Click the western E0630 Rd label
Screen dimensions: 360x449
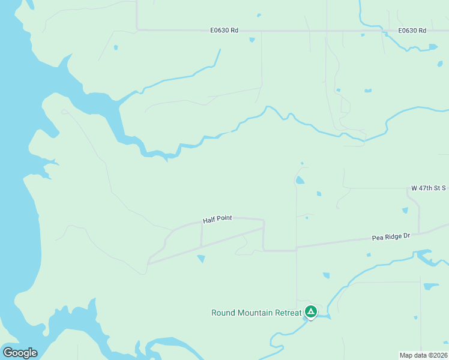224,30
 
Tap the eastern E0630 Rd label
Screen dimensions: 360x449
412,30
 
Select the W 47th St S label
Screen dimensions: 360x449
428,188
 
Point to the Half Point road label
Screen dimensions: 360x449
217,220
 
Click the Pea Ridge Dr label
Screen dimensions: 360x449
391,237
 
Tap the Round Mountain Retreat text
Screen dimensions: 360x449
256,313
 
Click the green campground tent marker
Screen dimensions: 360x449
310,311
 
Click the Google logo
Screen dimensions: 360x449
20,353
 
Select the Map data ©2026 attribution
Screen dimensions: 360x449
424,355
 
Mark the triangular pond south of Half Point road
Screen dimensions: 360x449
201,259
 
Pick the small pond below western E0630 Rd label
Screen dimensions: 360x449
252,40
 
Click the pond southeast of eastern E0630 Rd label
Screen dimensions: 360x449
432,47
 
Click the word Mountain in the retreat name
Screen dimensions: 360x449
257,313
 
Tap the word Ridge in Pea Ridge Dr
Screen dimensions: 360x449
393,237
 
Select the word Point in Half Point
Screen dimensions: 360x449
224,220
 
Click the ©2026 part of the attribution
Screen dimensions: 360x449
437,355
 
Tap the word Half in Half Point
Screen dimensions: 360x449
209,221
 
